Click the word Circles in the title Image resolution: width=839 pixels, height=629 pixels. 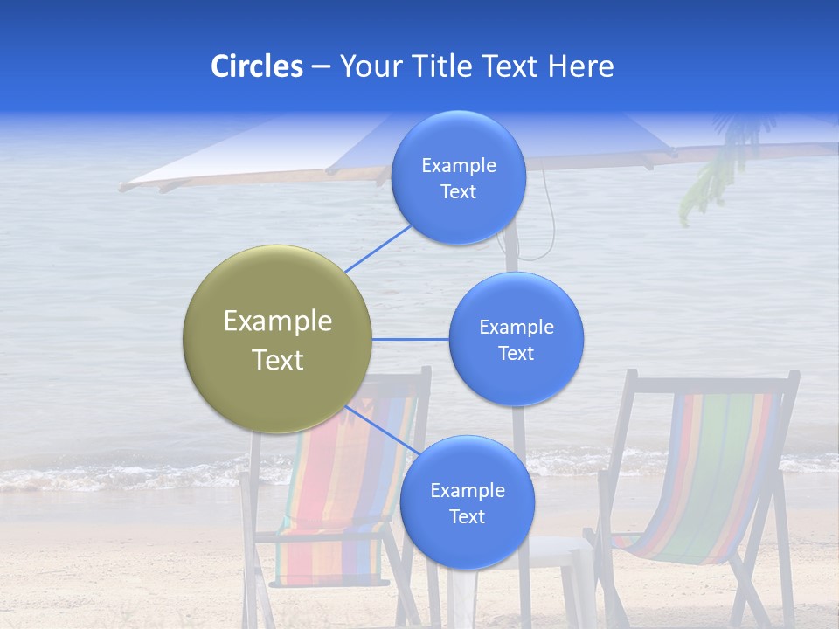[257, 66]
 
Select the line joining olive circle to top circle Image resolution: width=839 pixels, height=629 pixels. [378, 247]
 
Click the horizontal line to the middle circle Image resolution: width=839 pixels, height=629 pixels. [410, 339]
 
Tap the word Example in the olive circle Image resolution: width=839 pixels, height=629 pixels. [278, 321]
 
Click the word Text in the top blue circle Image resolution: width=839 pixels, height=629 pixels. [458, 192]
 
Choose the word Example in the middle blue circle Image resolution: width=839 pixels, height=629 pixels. [517, 328]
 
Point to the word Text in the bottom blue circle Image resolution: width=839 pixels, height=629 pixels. [467, 517]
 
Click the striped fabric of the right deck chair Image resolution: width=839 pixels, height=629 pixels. [699, 472]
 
